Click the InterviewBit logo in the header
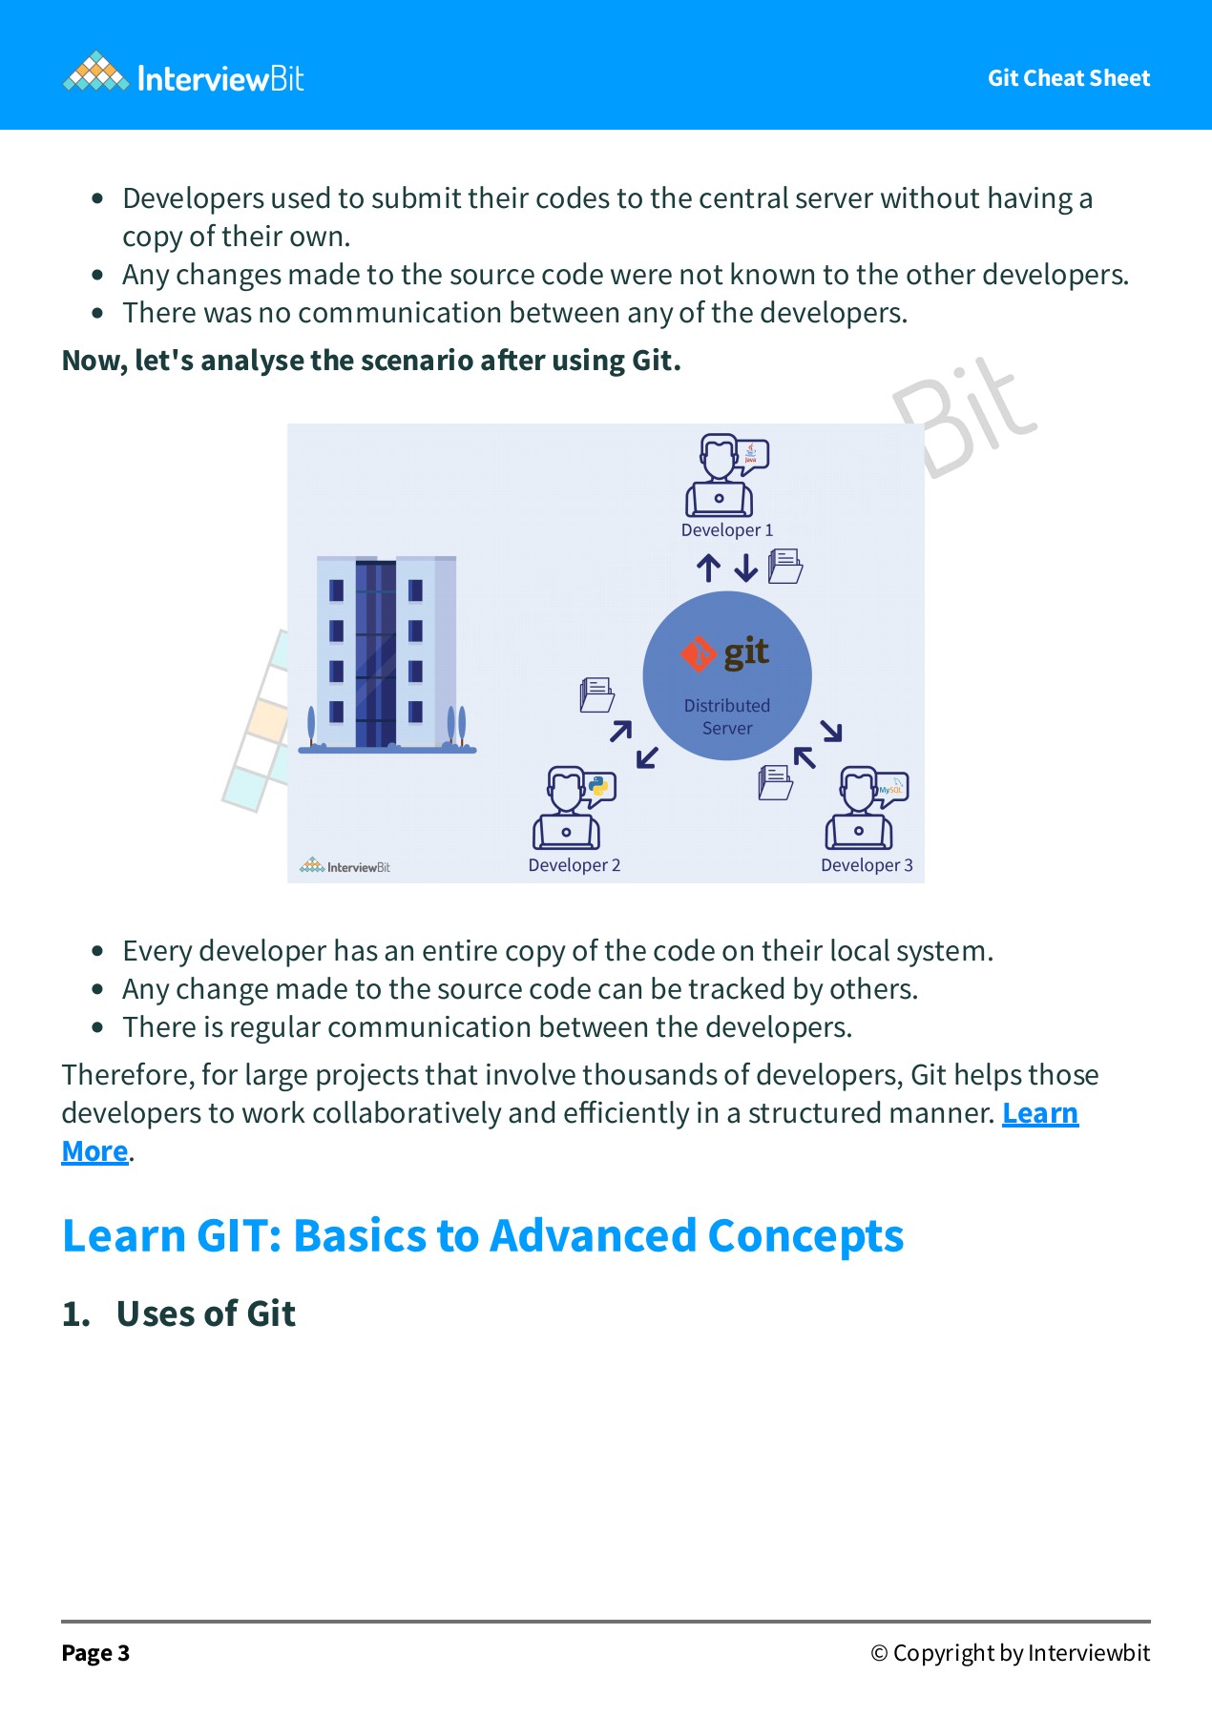click(183, 73)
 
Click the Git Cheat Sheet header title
click(1069, 78)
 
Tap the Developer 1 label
click(727, 530)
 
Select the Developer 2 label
click(575, 865)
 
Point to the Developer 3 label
click(867, 865)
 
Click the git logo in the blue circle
click(725, 653)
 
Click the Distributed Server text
click(727, 716)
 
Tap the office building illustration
click(387, 654)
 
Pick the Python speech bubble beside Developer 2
click(599, 787)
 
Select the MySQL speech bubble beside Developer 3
click(891, 788)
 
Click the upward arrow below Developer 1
click(708, 569)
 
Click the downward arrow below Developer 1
click(746, 569)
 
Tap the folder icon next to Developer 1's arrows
click(785, 567)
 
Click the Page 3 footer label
click(95, 1653)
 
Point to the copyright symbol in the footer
click(879, 1653)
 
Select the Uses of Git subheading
click(206, 1314)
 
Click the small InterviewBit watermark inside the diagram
click(345, 866)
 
